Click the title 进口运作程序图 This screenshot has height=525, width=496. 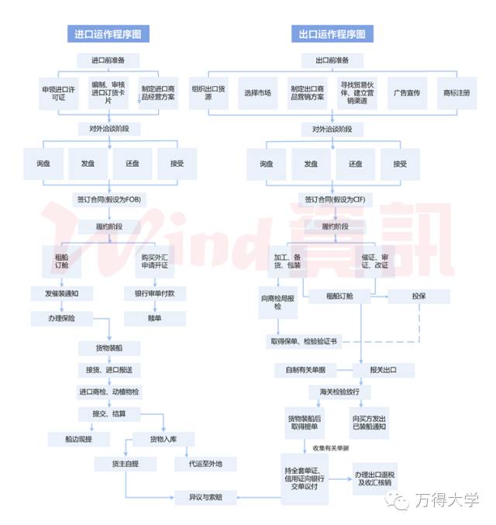click(x=108, y=35)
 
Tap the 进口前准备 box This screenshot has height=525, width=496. click(x=108, y=60)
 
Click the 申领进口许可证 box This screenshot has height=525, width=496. click(x=60, y=92)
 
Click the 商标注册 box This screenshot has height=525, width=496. click(x=456, y=92)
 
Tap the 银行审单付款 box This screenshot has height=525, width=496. click(x=155, y=294)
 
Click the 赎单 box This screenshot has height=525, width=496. click(x=155, y=318)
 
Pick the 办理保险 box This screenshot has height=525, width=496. click(x=62, y=318)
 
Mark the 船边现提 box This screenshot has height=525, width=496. click(x=75, y=438)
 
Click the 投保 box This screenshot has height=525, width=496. click(x=420, y=296)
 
